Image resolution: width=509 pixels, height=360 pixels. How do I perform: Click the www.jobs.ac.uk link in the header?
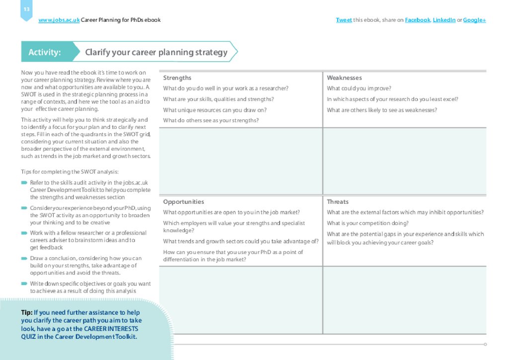click(x=59, y=20)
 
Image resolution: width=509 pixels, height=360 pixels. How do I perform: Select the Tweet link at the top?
click(x=343, y=20)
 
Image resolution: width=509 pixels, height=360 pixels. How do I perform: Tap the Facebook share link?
click(x=417, y=20)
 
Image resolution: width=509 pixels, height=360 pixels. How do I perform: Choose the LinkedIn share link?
click(x=444, y=20)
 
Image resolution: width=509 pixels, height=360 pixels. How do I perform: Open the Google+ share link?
click(x=474, y=20)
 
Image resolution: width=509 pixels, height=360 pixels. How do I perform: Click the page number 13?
click(x=26, y=9)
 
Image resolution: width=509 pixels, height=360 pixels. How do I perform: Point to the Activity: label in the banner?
click(x=45, y=52)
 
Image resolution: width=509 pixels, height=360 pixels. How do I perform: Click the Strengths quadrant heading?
click(x=177, y=78)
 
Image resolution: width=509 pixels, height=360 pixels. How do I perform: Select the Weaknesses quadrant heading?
click(x=344, y=78)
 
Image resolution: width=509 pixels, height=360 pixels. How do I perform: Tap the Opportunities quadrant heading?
click(x=183, y=202)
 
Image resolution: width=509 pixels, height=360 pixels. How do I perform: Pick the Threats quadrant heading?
click(x=338, y=202)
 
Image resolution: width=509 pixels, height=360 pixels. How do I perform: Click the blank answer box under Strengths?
click(x=241, y=161)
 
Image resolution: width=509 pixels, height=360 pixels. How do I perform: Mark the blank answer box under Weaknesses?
click(x=405, y=161)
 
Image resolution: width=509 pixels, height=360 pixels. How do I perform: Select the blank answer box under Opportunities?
click(x=241, y=300)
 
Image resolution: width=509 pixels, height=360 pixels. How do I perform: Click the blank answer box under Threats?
click(x=405, y=300)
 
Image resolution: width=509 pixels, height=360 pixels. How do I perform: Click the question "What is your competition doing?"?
click(x=367, y=223)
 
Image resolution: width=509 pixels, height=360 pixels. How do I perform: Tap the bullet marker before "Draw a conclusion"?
click(x=24, y=259)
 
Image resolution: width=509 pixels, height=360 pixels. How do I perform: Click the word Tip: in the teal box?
click(x=27, y=313)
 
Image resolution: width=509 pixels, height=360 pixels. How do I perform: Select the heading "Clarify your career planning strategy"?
click(x=156, y=52)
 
